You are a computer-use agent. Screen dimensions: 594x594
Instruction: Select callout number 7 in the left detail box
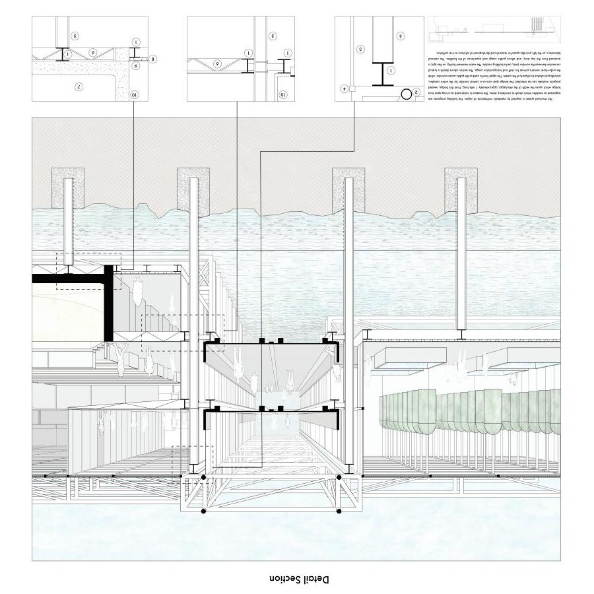click(x=78, y=86)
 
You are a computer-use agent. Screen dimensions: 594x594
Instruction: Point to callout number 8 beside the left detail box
click(x=153, y=59)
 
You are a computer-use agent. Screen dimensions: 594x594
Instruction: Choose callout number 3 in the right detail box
click(x=360, y=49)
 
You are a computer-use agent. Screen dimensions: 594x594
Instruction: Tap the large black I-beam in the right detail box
click(x=381, y=73)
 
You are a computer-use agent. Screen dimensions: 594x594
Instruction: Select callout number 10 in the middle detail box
click(x=283, y=94)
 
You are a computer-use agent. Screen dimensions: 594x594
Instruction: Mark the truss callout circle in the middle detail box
click(x=216, y=63)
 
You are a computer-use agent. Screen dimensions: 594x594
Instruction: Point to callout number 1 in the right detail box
click(x=390, y=70)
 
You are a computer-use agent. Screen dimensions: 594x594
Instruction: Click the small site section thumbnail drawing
click(x=496, y=28)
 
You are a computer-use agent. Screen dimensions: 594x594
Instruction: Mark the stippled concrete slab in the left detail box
click(x=76, y=67)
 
